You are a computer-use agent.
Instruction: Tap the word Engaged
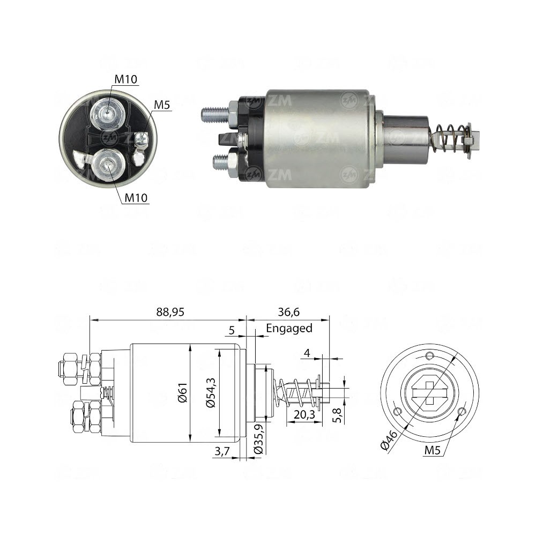click(289, 328)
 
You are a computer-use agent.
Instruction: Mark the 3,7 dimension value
click(221, 451)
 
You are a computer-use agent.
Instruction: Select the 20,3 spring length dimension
click(304, 414)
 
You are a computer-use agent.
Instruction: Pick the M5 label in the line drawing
click(433, 451)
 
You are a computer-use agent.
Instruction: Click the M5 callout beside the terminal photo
click(162, 105)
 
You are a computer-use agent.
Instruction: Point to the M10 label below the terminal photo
click(136, 198)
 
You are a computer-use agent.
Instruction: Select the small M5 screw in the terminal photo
click(142, 140)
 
